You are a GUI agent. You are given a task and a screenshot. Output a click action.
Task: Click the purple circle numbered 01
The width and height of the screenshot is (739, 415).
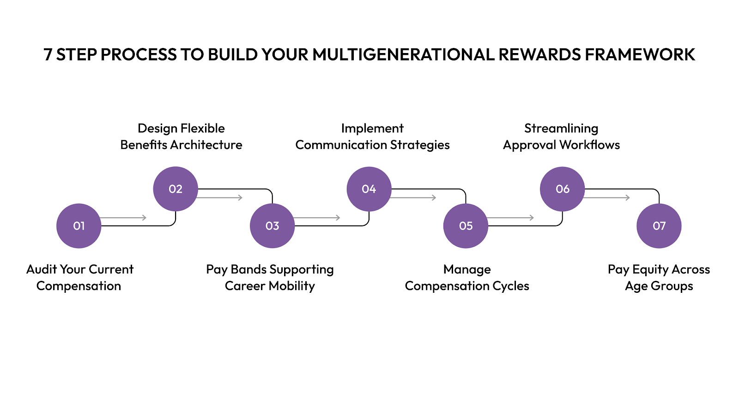(x=79, y=226)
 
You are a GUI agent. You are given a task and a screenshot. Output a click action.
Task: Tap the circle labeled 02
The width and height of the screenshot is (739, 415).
(x=176, y=189)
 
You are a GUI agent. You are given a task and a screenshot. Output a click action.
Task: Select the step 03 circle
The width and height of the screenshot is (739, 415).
(x=272, y=226)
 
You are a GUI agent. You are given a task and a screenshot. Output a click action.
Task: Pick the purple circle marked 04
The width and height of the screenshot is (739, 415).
(x=369, y=189)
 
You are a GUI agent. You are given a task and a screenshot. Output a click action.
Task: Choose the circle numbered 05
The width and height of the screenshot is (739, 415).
(x=466, y=226)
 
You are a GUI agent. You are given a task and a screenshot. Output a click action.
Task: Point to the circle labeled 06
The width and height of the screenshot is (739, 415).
(x=563, y=189)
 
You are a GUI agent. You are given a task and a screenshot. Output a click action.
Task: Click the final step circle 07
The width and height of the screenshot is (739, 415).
(x=659, y=226)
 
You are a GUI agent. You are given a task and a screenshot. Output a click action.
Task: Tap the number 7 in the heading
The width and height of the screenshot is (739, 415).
(x=48, y=55)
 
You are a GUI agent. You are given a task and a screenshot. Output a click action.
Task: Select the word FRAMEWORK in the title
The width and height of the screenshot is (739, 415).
(x=640, y=55)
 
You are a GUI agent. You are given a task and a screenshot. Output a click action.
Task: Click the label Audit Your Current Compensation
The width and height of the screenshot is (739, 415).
(x=79, y=278)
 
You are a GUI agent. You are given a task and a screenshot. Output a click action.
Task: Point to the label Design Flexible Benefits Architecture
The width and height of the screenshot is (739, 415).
(x=181, y=136)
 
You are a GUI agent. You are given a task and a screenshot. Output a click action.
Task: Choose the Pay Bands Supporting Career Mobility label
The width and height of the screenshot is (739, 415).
(x=270, y=278)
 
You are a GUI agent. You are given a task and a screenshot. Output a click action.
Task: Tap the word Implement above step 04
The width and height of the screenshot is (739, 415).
(x=372, y=128)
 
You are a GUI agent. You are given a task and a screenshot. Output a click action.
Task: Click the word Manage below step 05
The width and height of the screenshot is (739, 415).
(x=467, y=269)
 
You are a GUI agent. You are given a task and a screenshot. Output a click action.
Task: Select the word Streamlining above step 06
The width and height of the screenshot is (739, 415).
(x=561, y=128)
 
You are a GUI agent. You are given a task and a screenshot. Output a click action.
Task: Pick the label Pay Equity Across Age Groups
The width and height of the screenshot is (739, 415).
(x=659, y=278)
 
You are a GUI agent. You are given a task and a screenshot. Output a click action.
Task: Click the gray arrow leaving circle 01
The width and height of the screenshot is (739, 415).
(x=123, y=218)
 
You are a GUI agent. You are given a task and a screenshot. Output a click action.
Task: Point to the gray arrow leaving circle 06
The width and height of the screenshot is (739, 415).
(x=607, y=197)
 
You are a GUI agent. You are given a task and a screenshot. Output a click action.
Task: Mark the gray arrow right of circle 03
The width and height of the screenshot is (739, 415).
(x=317, y=218)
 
